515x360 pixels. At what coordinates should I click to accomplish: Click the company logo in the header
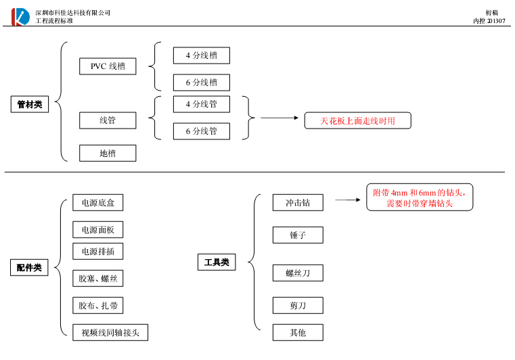click(x=20, y=16)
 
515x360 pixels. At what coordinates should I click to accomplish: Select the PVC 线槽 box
click(x=108, y=66)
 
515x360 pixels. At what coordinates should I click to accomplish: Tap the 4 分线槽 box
click(x=201, y=55)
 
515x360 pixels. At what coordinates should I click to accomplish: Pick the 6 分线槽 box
click(x=201, y=83)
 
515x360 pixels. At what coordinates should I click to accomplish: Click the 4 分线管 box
click(x=201, y=104)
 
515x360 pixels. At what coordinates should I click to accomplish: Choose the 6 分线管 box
click(x=201, y=131)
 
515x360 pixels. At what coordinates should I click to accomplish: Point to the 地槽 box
click(x=108, y=153)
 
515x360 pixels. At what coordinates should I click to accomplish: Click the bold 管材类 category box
click(x=30, y=104)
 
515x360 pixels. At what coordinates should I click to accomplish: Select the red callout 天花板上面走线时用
click(x=357, y=120)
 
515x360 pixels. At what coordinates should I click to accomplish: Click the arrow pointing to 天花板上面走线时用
click(x=279, y=118)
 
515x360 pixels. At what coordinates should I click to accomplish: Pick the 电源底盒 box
click(x=98, y=202)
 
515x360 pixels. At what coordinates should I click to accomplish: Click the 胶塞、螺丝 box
click(x=98, y=278)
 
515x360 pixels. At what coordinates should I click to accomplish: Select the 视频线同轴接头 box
click(x=110, y=332)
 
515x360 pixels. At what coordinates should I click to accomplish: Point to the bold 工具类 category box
click(x=217, y=262)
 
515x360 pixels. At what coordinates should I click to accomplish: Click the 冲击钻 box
click(x=298, y=202)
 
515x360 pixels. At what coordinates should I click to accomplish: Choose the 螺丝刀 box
click(x=298, y=273)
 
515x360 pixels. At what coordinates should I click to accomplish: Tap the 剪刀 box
click(x=298, y=305)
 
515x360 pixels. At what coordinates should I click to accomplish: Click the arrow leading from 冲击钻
click(x=346, y=200)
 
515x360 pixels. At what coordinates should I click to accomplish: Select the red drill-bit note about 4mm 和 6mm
click(x=420, y=197)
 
